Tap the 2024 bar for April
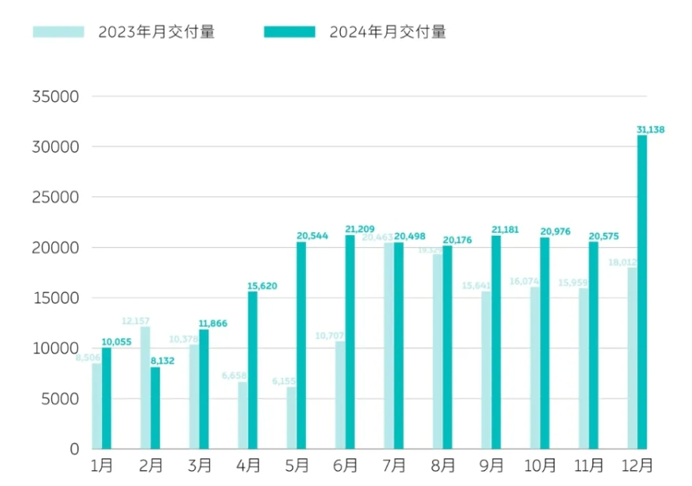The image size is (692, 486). [x=252, y=370]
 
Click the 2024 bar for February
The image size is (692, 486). [x=155, y=408]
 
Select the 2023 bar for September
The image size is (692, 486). [x=486, y=370]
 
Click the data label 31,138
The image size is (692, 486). [x=650, y=130]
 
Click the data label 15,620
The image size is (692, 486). [x=262, y=286]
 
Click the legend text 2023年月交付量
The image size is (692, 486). [x=156, y=32]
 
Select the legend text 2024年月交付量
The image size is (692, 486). [x=388, y=32]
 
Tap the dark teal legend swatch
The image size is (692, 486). [x=289, y=32]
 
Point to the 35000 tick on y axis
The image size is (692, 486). [x=54, y=97]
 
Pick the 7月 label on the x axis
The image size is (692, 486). [x=394, y=465]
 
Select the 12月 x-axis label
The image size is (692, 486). [x=638, y=465]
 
